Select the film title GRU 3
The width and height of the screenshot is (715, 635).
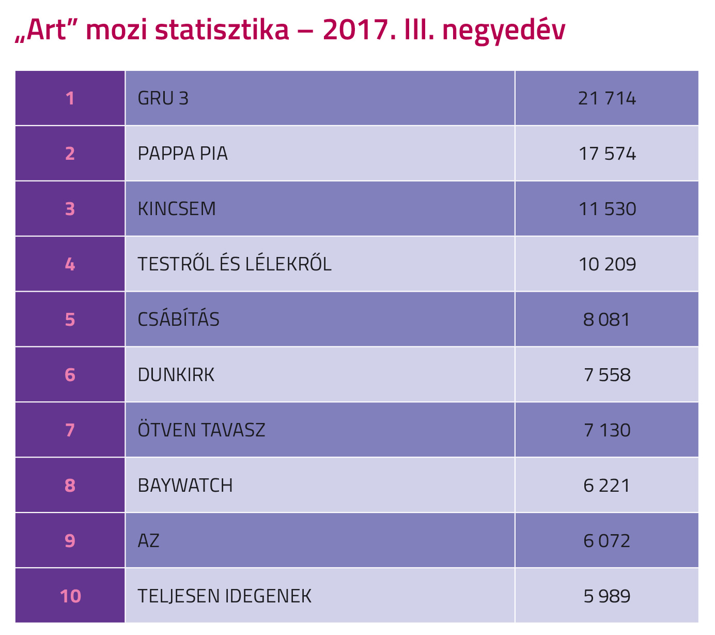coord(163,98)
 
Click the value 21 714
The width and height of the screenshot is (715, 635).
coord(607,98)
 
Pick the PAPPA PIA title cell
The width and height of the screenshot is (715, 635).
coord(183,154)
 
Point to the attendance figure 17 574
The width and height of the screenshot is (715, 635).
coord(607,154)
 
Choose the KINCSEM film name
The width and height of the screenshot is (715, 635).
coord(177,209)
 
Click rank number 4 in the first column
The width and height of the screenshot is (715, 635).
coord(70,264)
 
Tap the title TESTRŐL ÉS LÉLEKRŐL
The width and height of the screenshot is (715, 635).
coord(235,264)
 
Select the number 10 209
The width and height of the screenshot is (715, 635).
coord(607,264)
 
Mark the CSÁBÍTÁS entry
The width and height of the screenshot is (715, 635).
coord(179,320)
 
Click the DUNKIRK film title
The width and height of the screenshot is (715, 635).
coord(176,375)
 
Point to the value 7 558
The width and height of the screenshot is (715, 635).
coord(607,375)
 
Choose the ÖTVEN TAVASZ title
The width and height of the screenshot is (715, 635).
coord(201,430)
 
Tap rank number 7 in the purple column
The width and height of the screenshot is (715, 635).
coord(70,430)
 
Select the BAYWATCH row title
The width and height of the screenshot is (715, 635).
coord(185,486)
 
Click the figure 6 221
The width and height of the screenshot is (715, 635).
coord(607,486)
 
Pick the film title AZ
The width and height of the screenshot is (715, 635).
coord(149,541)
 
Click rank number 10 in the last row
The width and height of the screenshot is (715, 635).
coord(70,596)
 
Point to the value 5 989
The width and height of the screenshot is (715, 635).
coord(607,596)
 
